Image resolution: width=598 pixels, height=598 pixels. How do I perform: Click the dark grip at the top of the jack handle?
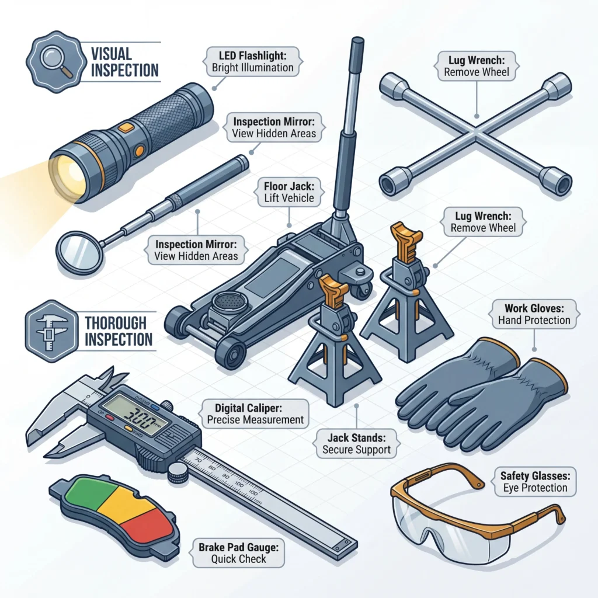pyautogui.click(x=356, y=64)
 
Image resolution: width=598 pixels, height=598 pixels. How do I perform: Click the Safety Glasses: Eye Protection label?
pyautogui.click(x=534, y=482)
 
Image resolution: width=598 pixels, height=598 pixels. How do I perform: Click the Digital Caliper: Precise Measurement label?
pyautogui.click(x=255, y=413)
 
